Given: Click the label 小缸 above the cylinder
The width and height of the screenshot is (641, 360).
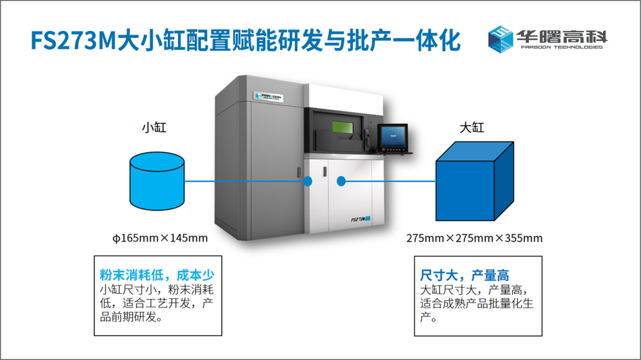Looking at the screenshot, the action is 154,128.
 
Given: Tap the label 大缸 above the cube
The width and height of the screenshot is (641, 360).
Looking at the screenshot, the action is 472,128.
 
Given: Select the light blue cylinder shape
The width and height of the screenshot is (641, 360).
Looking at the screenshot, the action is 157,181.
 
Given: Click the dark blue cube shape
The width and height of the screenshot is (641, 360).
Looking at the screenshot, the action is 474,181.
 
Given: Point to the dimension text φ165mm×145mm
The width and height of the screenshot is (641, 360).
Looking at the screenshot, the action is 160,238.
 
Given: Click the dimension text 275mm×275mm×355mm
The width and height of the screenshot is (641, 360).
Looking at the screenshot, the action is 474,238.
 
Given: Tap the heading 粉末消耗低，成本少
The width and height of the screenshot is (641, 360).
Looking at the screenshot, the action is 157,275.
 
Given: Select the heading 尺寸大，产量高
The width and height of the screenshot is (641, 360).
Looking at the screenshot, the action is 464,275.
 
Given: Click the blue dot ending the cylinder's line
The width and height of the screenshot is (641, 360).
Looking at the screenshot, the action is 308,181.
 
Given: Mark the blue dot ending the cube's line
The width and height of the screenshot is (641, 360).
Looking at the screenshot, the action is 341,181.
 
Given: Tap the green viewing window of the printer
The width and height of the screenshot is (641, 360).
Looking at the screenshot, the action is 342,127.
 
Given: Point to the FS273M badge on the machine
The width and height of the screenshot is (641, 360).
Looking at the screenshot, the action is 360,219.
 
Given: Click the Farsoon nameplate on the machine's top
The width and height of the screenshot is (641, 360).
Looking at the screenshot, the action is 268,97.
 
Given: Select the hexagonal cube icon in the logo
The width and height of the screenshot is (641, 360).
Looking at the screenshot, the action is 500,39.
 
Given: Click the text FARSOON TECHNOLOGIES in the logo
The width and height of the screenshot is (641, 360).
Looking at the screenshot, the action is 561,47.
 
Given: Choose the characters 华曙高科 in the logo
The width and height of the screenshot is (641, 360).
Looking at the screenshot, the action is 561,36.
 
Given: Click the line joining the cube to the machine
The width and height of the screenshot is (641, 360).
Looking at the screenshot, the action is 388,181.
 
